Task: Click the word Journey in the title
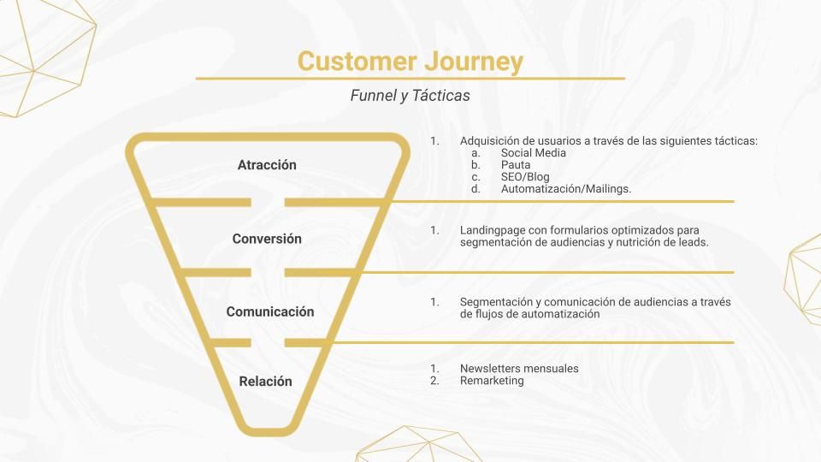pyautogui.click(x=474, y=62)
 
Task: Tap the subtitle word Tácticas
pyautogui.click(x=441, y=95)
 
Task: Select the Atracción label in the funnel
pyautogui.click(x=267, y=165)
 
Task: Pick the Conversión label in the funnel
pyautogui.click(x=267, y=239)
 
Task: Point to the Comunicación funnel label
pyautogui.click(x=270, y=311)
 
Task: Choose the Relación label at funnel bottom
pyautogui.click(x=265, y=382)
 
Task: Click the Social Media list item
pyautogui.click(x=534, y=153)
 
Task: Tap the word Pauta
pyautogui.click(x=516, y=165)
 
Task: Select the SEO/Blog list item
pyautogui.click(x=525, y=177)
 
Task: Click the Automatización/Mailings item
pyautogui.click(x=566, y=189)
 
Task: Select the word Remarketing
pyautogui.click(x=492, y=381)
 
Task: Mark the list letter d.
pyautogui.click(x=475, y=189)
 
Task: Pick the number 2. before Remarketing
pyautogui.click(x=434, y=381)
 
